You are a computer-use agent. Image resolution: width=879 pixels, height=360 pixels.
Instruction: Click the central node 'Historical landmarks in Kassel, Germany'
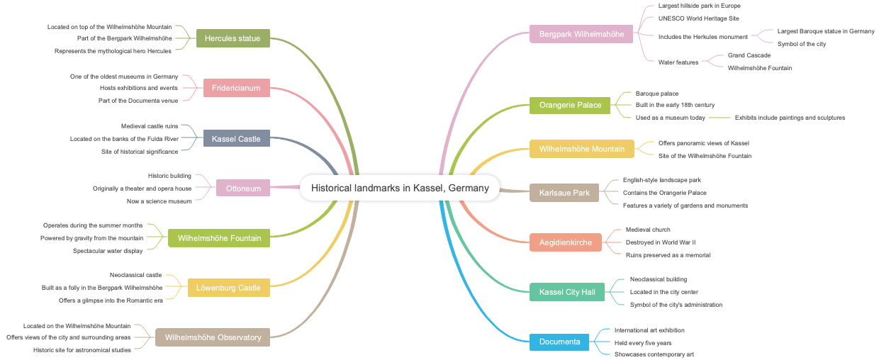(x=400, y=188)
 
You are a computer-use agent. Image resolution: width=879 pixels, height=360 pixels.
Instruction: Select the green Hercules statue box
(x=233, y=38)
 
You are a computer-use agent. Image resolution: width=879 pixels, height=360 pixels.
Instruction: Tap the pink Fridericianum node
(x=237, y=89)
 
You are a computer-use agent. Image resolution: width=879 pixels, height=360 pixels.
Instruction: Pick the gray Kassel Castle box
(x=236, y=139)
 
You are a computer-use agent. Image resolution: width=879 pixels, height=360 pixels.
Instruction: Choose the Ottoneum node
(x=243, y=188)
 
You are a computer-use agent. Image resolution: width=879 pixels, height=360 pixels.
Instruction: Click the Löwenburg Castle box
(x=229, y=288)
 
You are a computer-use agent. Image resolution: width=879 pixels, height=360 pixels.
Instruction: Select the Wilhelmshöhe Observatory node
(x=213, y=337)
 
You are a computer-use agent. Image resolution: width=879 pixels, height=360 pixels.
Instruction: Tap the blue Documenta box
(x=559, y=342)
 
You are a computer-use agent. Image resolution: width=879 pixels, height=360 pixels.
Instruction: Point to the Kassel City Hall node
(x=567, y=292)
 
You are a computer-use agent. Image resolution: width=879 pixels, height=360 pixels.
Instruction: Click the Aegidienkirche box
(x=566, y=242)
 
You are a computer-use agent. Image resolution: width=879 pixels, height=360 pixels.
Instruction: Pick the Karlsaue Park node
(x=564, y=193)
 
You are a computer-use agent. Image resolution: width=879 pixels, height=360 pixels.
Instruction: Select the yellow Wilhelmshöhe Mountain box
(x=582, y=149)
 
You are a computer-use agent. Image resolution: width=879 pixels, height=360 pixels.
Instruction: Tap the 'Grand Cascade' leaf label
(x=749, y=55)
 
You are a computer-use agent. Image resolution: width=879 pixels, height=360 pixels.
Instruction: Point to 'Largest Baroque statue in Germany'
(x=825, y=31)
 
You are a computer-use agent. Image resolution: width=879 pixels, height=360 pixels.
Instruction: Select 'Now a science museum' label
(x=159, y=201)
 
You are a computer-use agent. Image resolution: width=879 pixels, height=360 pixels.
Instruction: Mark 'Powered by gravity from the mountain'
(x=91, y=238)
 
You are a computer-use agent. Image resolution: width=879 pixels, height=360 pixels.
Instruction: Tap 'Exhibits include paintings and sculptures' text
(x=790, y=118)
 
